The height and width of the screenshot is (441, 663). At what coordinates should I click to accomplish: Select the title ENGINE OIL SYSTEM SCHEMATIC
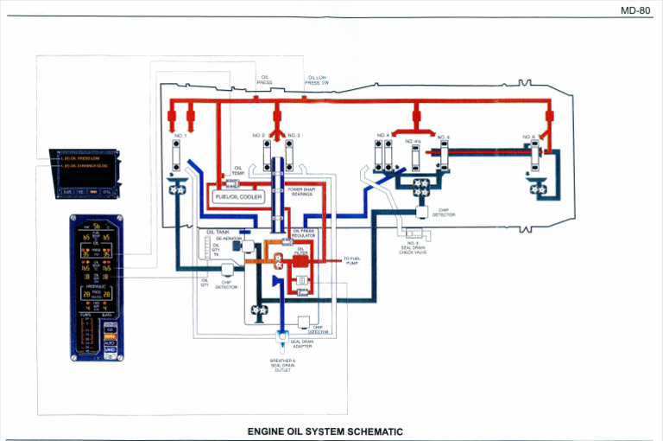(325, 431)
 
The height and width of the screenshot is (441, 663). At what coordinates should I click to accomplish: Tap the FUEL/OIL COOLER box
(237, 196)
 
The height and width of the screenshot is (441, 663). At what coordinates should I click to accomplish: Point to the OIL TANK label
(217, 232)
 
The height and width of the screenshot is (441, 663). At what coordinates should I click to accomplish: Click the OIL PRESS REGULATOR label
(303, 233)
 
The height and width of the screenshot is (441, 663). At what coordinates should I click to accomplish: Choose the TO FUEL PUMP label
(351, 260)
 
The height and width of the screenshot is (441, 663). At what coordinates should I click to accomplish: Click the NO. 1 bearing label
(180, 135)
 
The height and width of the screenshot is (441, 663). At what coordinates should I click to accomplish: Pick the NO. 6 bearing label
(528, 136)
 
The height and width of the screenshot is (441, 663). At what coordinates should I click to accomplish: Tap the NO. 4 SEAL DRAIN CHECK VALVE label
(413, 247)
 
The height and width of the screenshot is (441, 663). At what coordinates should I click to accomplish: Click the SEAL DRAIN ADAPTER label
(301, 343)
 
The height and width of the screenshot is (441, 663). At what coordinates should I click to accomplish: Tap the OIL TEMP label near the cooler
(237, 171)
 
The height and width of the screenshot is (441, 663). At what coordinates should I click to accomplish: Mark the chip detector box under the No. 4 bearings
(421, 212)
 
